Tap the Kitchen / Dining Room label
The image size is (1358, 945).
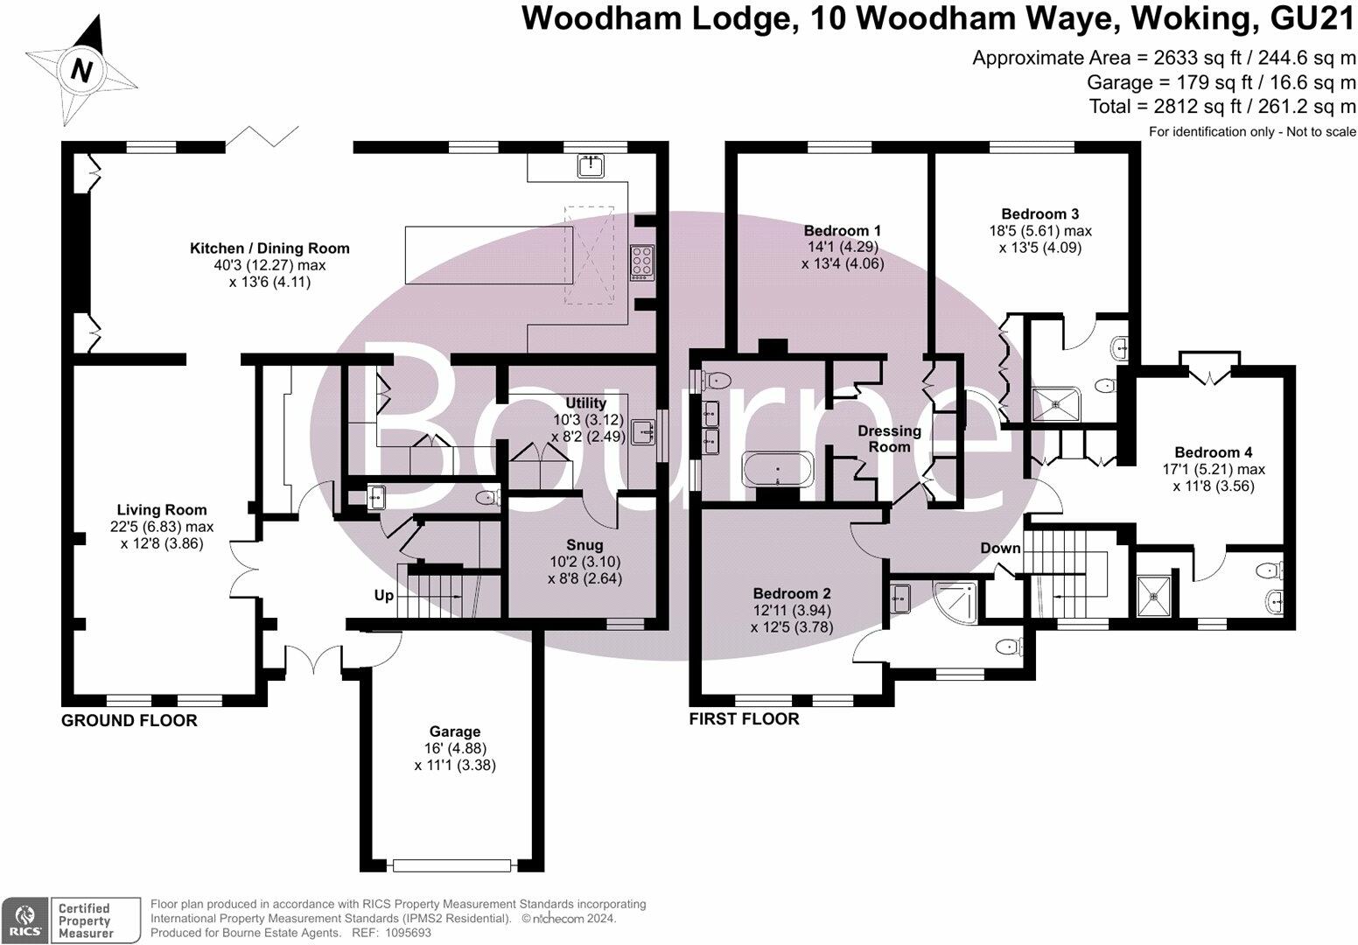click(x=269, y=248)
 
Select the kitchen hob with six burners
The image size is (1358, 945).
click(x=642, y=261)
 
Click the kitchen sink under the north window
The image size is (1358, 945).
click(x=593, y=164)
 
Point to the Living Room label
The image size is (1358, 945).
click(x=162, y=510)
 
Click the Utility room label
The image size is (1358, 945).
click(x=585, y=403)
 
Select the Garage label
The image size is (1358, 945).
click(x=454, y=731)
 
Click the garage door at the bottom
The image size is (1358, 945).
click(x=451, y=865)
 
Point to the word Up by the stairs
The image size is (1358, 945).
click(x=383, y=596)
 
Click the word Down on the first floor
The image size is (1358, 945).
click(x=1000, y=549)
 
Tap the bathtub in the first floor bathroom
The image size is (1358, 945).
click(x=778, y=470)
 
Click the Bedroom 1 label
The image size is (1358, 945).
click(x=842, y=231)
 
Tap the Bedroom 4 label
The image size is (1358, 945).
click(x=1213, y=452)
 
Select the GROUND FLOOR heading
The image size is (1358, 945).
click(x=129, y=721)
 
